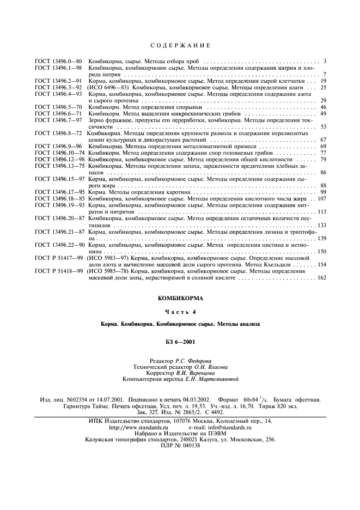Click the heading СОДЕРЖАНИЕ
pyautogui.click(x=180, y=44)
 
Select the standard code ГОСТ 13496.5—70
pyautogui.click(x=58, y=107)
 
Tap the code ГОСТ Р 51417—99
pyautogui.click(x=58, y=258)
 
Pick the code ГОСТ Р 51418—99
pyautogui.click(x=58, y=271)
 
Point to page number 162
pyautogui.click(x=321, y=278)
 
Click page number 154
pyautogui.click(x=321, y=264)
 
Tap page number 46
pyautogui.click(x=323, y=107)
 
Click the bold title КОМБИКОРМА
pyautogui.click(x=180, y=299)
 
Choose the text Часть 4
pyautogui.click(x=180, y=312)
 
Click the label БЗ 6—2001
pyautogui.click(x=180, y=342)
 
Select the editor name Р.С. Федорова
pyautogui.click(x=194, y=361)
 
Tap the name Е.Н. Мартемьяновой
pyautogui.click(x=211, y=379)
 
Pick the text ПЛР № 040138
pyautogui.click(x=180, y=446)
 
